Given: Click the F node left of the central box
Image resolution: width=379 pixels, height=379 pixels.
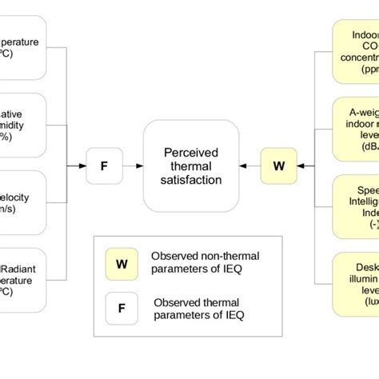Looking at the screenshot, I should (x=104, y=166).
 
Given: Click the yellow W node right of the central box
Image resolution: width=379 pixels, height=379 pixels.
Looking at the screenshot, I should (x=278, y=166).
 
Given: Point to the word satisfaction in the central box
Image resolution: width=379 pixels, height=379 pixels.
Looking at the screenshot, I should (x=191, y=180).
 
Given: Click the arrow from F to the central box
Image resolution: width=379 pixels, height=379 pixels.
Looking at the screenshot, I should (x=133, y=166).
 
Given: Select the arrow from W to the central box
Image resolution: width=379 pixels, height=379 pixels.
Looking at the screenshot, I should (x=249, y=166).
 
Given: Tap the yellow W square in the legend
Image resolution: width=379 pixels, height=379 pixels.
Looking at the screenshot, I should (x=122, y=261).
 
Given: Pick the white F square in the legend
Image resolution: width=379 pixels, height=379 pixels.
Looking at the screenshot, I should (x=122, y=305).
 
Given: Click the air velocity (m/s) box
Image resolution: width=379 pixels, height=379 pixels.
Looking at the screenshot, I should (x=22, y=202).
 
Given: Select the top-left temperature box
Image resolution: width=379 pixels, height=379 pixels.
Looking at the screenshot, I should (x=22, y=49).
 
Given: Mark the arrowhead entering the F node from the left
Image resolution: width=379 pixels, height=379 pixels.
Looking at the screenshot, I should (x=83, y=166).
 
